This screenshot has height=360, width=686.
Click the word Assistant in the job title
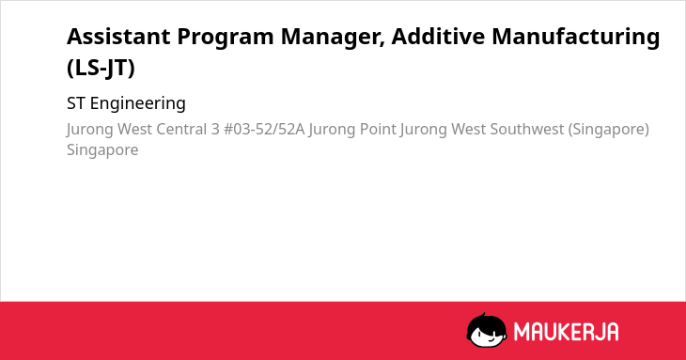118,37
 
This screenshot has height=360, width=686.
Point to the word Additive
438,37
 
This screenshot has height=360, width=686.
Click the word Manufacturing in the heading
576,37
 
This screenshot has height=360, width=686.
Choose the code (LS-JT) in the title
101,68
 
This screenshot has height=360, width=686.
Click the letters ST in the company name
76,103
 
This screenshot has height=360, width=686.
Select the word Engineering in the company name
138,104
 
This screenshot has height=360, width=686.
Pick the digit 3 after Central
215,130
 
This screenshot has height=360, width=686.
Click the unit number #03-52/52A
264,130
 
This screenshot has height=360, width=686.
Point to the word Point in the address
378,130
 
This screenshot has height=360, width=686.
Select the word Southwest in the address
527,130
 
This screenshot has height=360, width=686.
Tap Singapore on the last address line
102,150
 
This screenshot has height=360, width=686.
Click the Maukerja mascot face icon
487,330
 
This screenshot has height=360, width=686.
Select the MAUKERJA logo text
566,332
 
